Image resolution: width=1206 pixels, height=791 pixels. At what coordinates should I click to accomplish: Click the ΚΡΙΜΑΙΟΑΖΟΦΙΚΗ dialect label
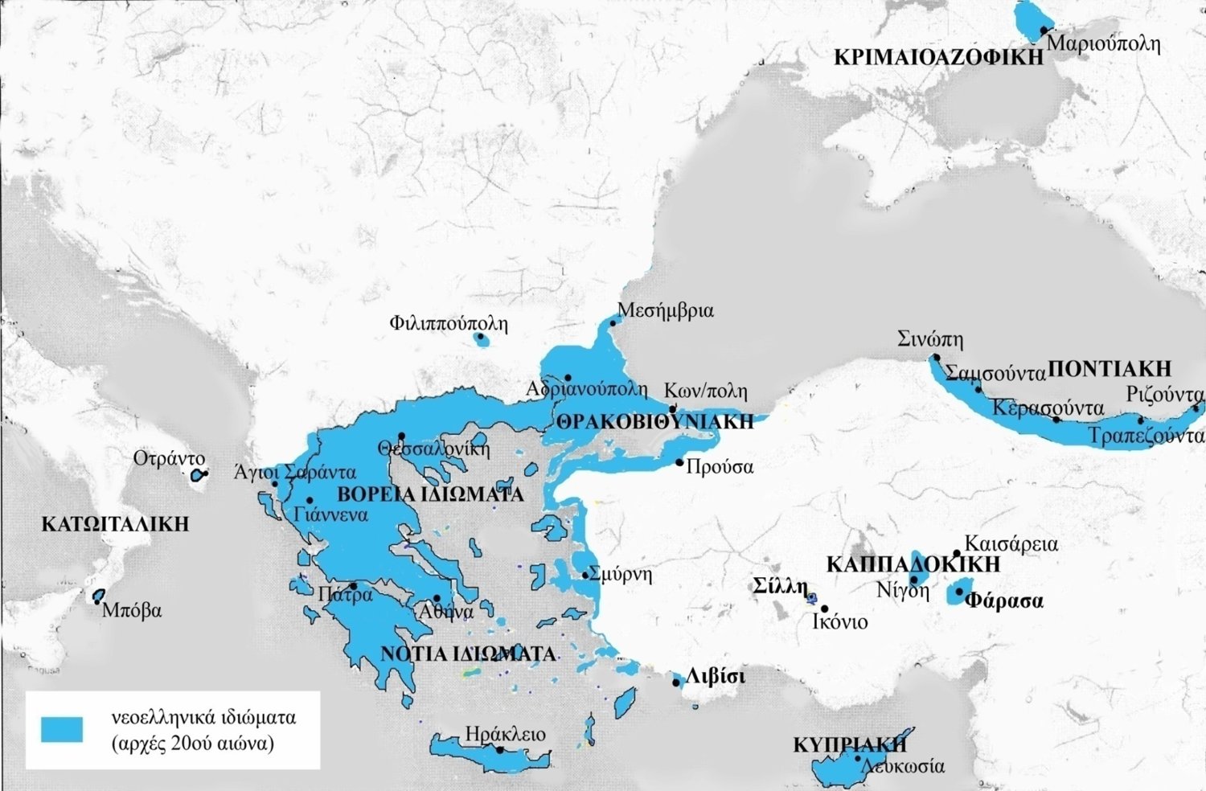[937, 57]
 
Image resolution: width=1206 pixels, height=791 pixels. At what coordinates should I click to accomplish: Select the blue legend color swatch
[62, 728]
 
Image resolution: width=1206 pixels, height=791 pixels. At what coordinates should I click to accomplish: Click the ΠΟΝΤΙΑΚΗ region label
[1110, 369]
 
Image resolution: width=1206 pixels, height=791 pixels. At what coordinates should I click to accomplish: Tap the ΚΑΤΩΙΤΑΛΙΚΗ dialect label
[115, 524]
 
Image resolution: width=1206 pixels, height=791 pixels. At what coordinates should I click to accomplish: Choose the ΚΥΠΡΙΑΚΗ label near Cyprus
[843, 744]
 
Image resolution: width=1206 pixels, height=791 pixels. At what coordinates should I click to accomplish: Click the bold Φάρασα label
[1003, 600]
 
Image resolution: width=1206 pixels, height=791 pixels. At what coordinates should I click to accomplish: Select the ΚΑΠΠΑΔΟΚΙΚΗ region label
[913, 564]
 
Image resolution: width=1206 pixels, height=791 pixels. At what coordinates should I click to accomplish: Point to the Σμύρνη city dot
[585, 576]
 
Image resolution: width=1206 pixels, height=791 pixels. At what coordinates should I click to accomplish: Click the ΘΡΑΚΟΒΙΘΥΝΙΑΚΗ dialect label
[655, 421]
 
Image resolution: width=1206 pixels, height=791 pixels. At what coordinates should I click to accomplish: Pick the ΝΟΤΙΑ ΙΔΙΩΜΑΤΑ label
[467, 653]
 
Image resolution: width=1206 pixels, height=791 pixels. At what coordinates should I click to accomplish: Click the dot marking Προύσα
[679, 462]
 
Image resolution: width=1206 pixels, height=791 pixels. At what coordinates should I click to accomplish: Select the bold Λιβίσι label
[715, 677]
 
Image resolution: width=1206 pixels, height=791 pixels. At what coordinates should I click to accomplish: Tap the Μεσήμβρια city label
[665, 310]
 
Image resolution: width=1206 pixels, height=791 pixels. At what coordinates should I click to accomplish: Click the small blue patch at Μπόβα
[99, 596]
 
